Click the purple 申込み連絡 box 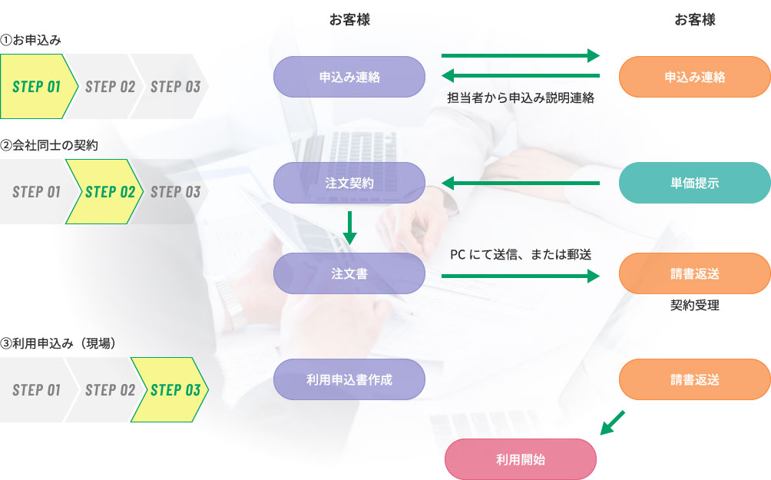[349, 77]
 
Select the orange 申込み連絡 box [694, 77]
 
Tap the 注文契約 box [349, 183]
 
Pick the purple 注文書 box [349, 273]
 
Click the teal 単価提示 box [694, 183]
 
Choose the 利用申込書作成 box [349, 379]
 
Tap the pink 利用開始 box [521, 460]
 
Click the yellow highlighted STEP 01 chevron [38, 86]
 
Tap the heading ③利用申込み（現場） [58, 343]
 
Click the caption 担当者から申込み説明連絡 [521, 98]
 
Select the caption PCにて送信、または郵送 [521, 254]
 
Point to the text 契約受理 [694, 305]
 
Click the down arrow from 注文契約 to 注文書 [349, 227]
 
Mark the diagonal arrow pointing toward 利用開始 [612, 422]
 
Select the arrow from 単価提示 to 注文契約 [521, 183]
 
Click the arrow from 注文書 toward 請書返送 [521, 274]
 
